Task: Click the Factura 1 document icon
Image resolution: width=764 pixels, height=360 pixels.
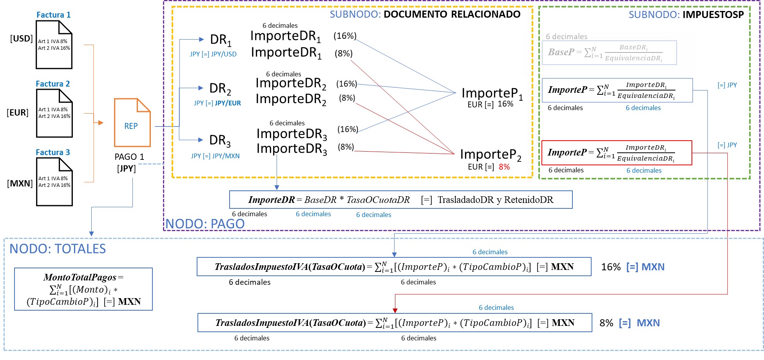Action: (54, 45)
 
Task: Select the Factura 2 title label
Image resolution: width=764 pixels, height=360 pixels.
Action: (53, 84)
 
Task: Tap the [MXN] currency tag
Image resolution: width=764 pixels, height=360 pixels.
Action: (20, 183)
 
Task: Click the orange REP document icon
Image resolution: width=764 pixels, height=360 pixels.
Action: (132, 123)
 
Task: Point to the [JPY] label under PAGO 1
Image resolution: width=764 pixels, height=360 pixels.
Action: (126, 169)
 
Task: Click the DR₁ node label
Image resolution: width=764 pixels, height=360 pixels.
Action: (221, 40)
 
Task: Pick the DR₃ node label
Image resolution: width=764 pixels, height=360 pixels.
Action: (220, 140)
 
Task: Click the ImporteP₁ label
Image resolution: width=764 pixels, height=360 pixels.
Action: (492, 93)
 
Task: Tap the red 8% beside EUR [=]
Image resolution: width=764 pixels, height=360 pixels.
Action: (504, 167)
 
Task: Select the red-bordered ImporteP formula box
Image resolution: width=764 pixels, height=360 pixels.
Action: (616, 153)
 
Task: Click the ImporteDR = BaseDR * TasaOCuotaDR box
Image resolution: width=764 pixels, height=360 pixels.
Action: (400, 200)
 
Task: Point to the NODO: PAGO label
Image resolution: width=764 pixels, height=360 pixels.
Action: (205, 224)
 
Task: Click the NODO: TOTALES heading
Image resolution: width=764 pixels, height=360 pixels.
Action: (58, 249)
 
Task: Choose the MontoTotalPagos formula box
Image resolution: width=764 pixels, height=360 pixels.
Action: (83, 289)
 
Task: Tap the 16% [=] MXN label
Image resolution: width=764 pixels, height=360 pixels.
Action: (632, 267)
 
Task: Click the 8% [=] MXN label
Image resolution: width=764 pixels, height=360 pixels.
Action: (629, 323)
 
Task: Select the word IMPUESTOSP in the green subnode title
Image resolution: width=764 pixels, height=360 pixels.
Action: (713, 15)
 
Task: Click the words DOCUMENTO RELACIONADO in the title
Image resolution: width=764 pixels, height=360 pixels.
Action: (452, 14)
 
